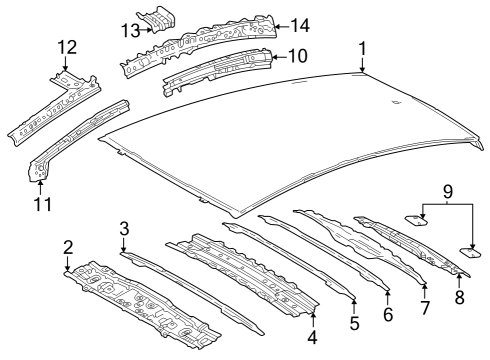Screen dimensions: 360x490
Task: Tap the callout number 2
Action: coord(68,247)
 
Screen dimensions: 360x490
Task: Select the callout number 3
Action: coord(124,229)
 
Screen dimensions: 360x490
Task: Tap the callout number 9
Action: coord(447,189)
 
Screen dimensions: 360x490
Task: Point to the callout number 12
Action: coord(67,46)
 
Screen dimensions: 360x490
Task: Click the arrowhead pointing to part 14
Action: coord(277,25)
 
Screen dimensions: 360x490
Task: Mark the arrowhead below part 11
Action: coord(40,184)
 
